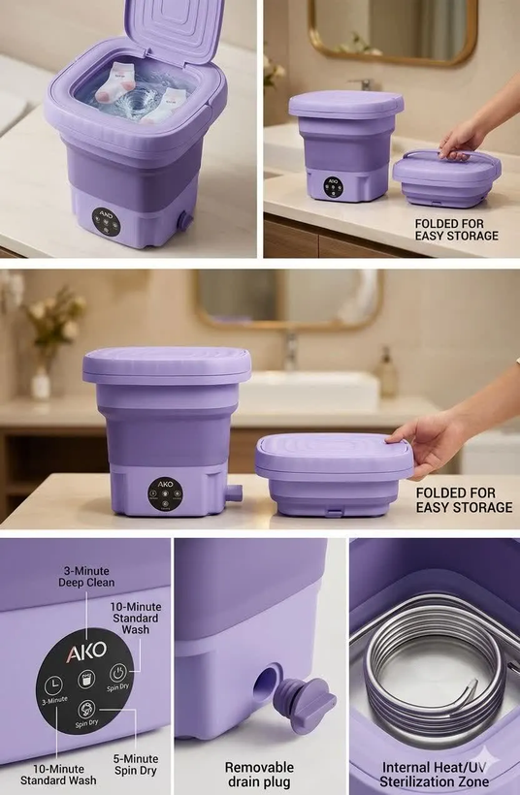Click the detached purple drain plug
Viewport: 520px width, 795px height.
tap(304, 703)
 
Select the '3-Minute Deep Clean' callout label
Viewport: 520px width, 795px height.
tap(86, 577)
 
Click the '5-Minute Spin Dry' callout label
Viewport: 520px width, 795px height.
tap(136, 765)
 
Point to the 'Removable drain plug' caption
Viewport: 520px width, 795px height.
tap(259, 775)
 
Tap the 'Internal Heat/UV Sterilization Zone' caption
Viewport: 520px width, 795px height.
tap(435, 775)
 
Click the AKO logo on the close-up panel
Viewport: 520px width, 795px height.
tap(86, 652)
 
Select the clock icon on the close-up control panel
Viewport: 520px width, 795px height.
tap(52, 685)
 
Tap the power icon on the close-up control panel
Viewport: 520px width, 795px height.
tap(117, 673)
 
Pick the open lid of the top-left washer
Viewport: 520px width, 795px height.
tap(175, 28)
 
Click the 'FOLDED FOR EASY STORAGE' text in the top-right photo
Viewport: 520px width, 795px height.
tap(457, 230)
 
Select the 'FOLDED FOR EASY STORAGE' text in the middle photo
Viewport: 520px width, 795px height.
tap(464, 500)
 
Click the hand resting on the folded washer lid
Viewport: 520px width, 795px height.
tap(426, 441)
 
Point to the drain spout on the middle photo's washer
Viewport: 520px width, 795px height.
tap(234, 493)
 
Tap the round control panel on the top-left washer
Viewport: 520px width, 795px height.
tap(106, 220)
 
